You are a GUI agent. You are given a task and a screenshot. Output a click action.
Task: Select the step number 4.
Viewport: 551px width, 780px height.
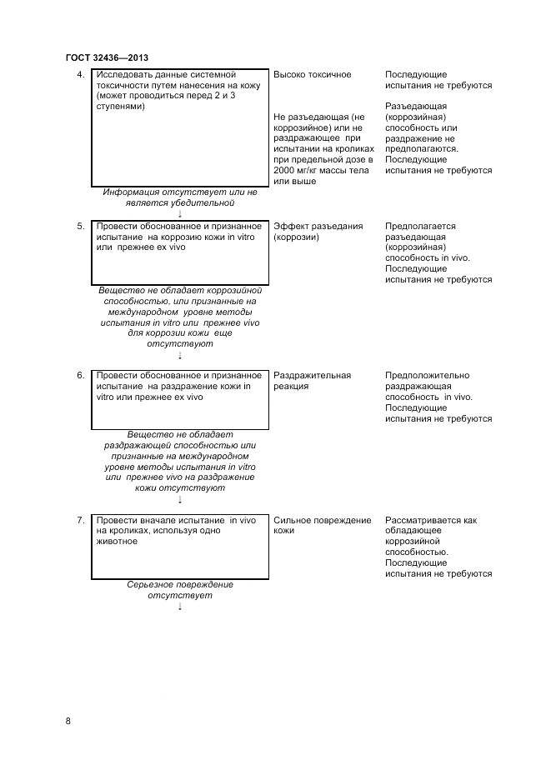(80, 75)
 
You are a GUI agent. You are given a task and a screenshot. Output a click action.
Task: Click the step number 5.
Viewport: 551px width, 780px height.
(80, 226)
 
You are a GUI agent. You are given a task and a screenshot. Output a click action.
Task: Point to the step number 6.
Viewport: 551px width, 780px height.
(80, 376)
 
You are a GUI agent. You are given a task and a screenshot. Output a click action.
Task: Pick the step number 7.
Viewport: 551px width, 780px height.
(80, 521)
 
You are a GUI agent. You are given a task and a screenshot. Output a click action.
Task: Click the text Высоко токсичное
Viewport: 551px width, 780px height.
(312, 75)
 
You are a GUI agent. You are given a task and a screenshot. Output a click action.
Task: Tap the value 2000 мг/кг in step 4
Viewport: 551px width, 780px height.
(303, 171)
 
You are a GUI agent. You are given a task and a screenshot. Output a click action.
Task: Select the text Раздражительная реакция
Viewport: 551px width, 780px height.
(312, 381)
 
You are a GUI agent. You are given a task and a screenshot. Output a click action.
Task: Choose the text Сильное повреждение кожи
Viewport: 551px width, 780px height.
(322, 526)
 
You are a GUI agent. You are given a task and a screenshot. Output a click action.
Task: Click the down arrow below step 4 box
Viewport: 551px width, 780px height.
(180, 213)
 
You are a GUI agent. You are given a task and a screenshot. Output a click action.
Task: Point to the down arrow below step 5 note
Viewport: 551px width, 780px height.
(180, 355)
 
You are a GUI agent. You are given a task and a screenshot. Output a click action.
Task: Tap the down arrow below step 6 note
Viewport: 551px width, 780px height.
(180, 499)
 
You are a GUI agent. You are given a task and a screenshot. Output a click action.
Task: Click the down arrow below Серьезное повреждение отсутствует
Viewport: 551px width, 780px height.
(180, 607)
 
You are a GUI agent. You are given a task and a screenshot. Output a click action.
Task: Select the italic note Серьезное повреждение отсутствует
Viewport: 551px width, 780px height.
(180, 590)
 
